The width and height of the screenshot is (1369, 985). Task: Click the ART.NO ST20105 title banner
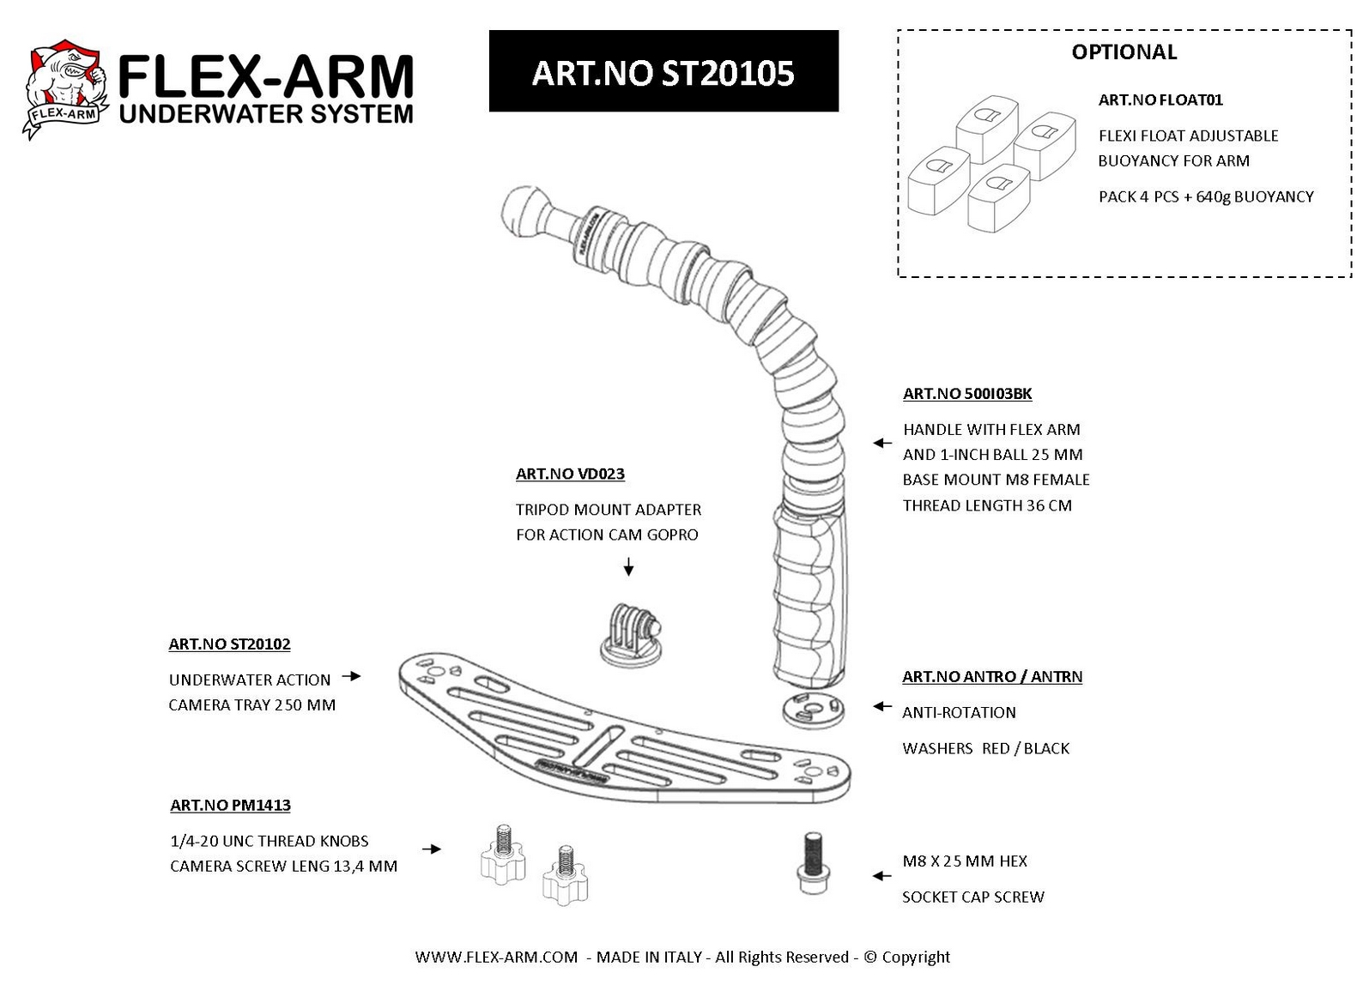pyautogui.click(x=663, y=72)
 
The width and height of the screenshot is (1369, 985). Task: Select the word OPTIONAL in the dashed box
pyautogui.click(x=1124, y=52)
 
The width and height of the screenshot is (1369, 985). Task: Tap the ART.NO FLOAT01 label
pyautogui.click(x=1160, y=100)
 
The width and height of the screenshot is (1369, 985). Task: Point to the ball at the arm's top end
pyautogui.click(x=524, y=210)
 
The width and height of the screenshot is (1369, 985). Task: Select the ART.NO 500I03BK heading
pyautogui.click(x=967, y=394)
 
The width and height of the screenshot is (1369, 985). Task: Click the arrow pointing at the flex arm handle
pyautogui.click(x=881, y=443)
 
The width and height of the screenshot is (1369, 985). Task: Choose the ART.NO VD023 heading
pyautogui.click(x=570, y=474)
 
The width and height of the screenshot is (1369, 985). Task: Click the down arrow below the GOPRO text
pyautogui.click(x=628, y=566)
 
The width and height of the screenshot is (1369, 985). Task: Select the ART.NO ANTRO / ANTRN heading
pyautogui.click(x=991, y=676)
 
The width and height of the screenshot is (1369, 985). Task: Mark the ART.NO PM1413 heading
pyautogui.click(x=230, y=805)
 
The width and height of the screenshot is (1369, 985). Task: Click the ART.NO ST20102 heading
pyautogui.click(x=229, y=644)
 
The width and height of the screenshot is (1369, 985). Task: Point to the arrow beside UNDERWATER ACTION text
pyautogui.click(x=351, y=676)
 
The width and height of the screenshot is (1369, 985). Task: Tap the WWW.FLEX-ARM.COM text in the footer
pyautogui.click(x=496, y=957)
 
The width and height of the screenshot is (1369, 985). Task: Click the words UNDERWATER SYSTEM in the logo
pyautogui.click(x=266, y=113)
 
